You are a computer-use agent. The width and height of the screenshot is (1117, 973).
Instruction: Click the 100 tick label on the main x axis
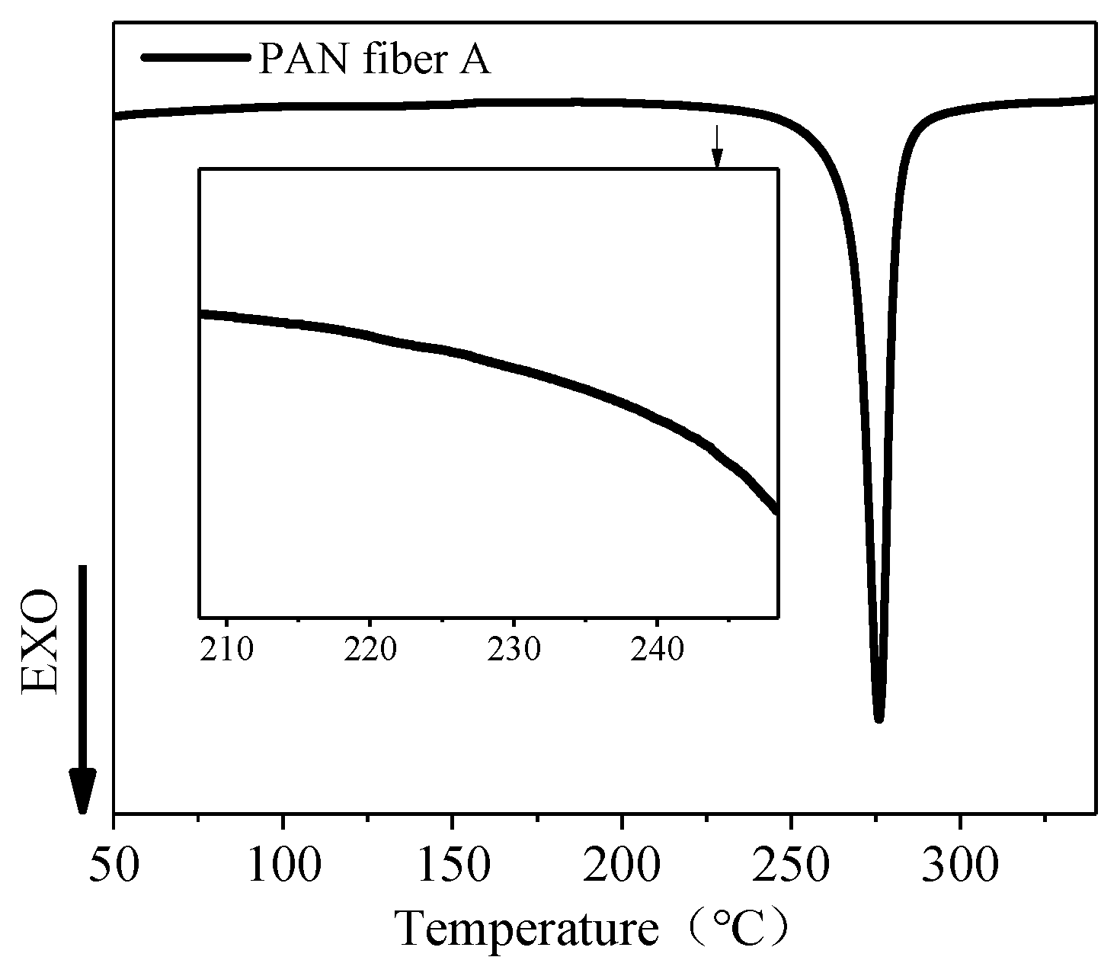point(283,866)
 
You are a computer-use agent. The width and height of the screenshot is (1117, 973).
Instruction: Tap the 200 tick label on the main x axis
point(622,866)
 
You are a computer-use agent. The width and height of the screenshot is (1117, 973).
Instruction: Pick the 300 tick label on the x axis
point(960,866)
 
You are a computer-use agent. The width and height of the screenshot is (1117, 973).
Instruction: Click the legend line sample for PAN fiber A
point(196,58)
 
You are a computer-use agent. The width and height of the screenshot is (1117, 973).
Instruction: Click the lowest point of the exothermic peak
point(879,717)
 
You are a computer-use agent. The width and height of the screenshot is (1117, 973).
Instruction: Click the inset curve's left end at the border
point(201,313)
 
